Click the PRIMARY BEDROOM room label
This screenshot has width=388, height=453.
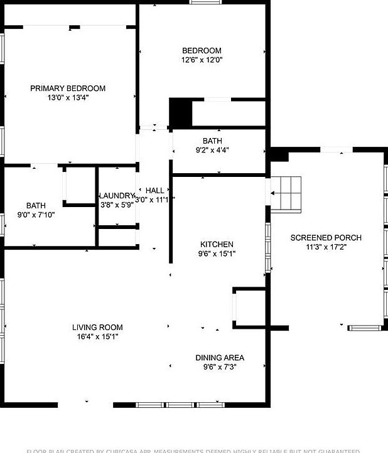coord(68,88)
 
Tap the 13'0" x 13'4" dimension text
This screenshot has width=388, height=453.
coord(68,98)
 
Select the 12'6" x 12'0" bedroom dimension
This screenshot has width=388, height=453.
coord(202,60)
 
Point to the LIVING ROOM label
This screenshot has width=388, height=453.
coord(97,327)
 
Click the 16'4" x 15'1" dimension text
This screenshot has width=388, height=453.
coord(97,336)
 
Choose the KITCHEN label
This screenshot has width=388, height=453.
coord(217,245)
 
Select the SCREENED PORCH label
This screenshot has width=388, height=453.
coord(326,238)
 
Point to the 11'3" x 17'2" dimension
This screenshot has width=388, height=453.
coord(326,247)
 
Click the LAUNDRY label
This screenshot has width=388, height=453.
coord(117,196)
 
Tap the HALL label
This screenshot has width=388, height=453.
coord(155,191)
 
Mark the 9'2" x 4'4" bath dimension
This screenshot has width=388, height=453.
coord(212,150)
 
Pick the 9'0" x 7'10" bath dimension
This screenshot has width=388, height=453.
coord(36,215)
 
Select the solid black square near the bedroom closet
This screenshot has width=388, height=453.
coord(180,113)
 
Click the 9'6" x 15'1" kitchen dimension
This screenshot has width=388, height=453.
coord(217,254)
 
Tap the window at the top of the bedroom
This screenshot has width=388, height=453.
coord(207,2)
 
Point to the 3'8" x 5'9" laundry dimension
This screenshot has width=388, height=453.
coord(117,205)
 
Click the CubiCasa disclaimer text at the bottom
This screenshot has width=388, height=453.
coord(194,450)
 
